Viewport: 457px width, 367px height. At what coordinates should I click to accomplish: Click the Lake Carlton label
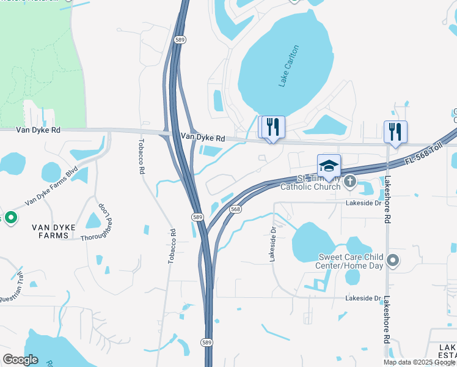(289, 66)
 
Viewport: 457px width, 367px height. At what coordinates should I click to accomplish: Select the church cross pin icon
(350, 181)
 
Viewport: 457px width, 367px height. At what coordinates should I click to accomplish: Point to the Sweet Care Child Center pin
(393, 261)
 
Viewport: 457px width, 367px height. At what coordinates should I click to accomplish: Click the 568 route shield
(236, 209)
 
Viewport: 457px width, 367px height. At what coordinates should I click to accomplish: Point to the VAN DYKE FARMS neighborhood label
(54, 231)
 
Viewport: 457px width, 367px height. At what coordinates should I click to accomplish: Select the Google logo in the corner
(20, 360)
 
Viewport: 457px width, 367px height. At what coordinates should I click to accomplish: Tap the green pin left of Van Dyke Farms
(10, 218)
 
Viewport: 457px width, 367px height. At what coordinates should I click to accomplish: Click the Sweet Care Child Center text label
(349, 261)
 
